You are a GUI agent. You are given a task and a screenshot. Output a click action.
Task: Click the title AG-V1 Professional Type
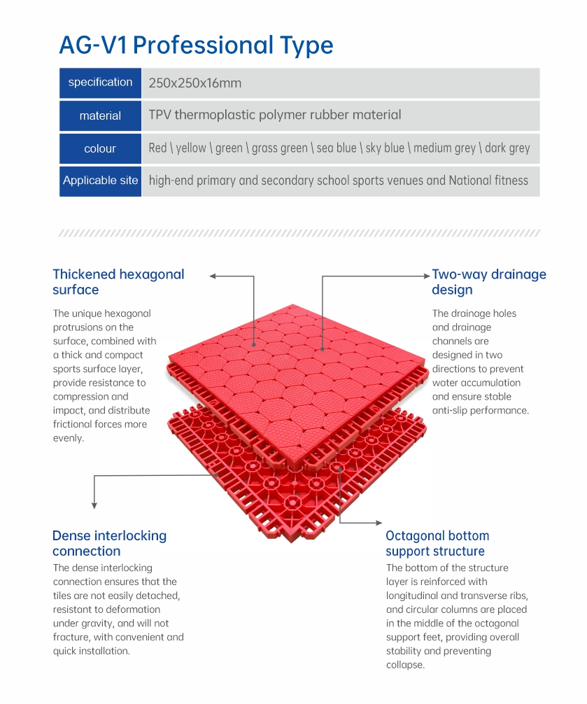196,45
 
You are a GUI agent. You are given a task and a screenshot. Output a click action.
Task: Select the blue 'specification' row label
100,83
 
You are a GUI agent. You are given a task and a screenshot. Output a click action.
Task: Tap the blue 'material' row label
100,116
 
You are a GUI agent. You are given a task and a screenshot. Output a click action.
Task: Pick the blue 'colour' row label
100,148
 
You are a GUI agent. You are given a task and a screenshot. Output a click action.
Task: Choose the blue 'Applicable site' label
100,181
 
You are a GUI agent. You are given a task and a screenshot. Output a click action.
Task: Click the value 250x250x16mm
195,83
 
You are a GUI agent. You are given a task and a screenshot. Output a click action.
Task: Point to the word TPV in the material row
160,115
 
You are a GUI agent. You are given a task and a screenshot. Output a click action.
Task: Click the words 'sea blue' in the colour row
337,148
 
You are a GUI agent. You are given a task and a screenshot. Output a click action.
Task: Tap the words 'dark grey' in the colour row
507,148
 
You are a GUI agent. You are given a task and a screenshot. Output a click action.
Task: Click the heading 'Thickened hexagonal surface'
118,282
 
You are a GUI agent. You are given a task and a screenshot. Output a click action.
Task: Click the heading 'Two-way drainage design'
489,282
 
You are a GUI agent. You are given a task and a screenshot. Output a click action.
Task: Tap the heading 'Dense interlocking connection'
110,543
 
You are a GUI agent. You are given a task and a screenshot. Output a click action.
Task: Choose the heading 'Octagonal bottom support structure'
437,543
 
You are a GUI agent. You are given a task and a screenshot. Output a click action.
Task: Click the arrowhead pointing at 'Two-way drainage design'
427,276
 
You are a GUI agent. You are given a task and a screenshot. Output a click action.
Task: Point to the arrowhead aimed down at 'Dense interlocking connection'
94,505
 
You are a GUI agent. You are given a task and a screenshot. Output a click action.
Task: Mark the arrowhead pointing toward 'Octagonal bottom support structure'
379,523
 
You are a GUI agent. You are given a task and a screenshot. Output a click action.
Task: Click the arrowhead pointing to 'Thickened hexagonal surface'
213,276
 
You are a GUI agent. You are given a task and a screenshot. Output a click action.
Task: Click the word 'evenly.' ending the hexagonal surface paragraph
69,438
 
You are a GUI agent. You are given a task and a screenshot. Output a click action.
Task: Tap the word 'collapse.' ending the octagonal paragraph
405,665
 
